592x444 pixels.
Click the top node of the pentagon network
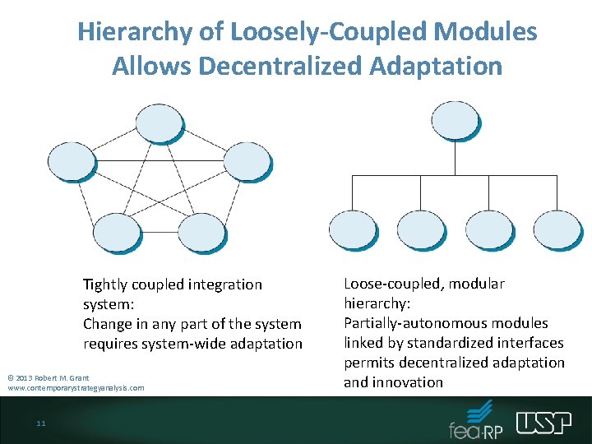(159, 123)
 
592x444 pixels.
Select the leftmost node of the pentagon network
(72, 161)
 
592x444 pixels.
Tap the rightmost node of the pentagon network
(246, 161)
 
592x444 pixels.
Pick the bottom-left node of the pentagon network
(117, 232)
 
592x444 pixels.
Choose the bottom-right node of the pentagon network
(201, 232)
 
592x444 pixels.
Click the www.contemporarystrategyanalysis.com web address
(76, 388)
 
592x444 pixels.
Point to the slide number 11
(40, 423)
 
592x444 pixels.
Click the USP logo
(544, 423)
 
